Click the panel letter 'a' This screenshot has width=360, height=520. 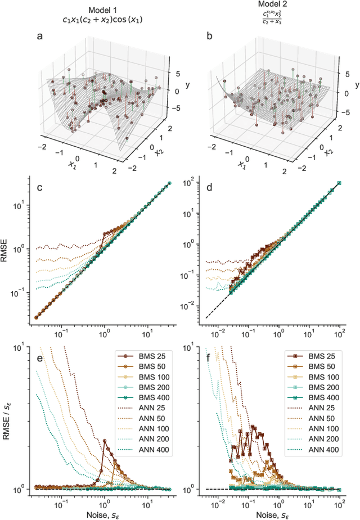(39, 37)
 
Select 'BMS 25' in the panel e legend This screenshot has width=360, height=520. (151, 356)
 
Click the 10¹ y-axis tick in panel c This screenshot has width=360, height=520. (22, 205)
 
